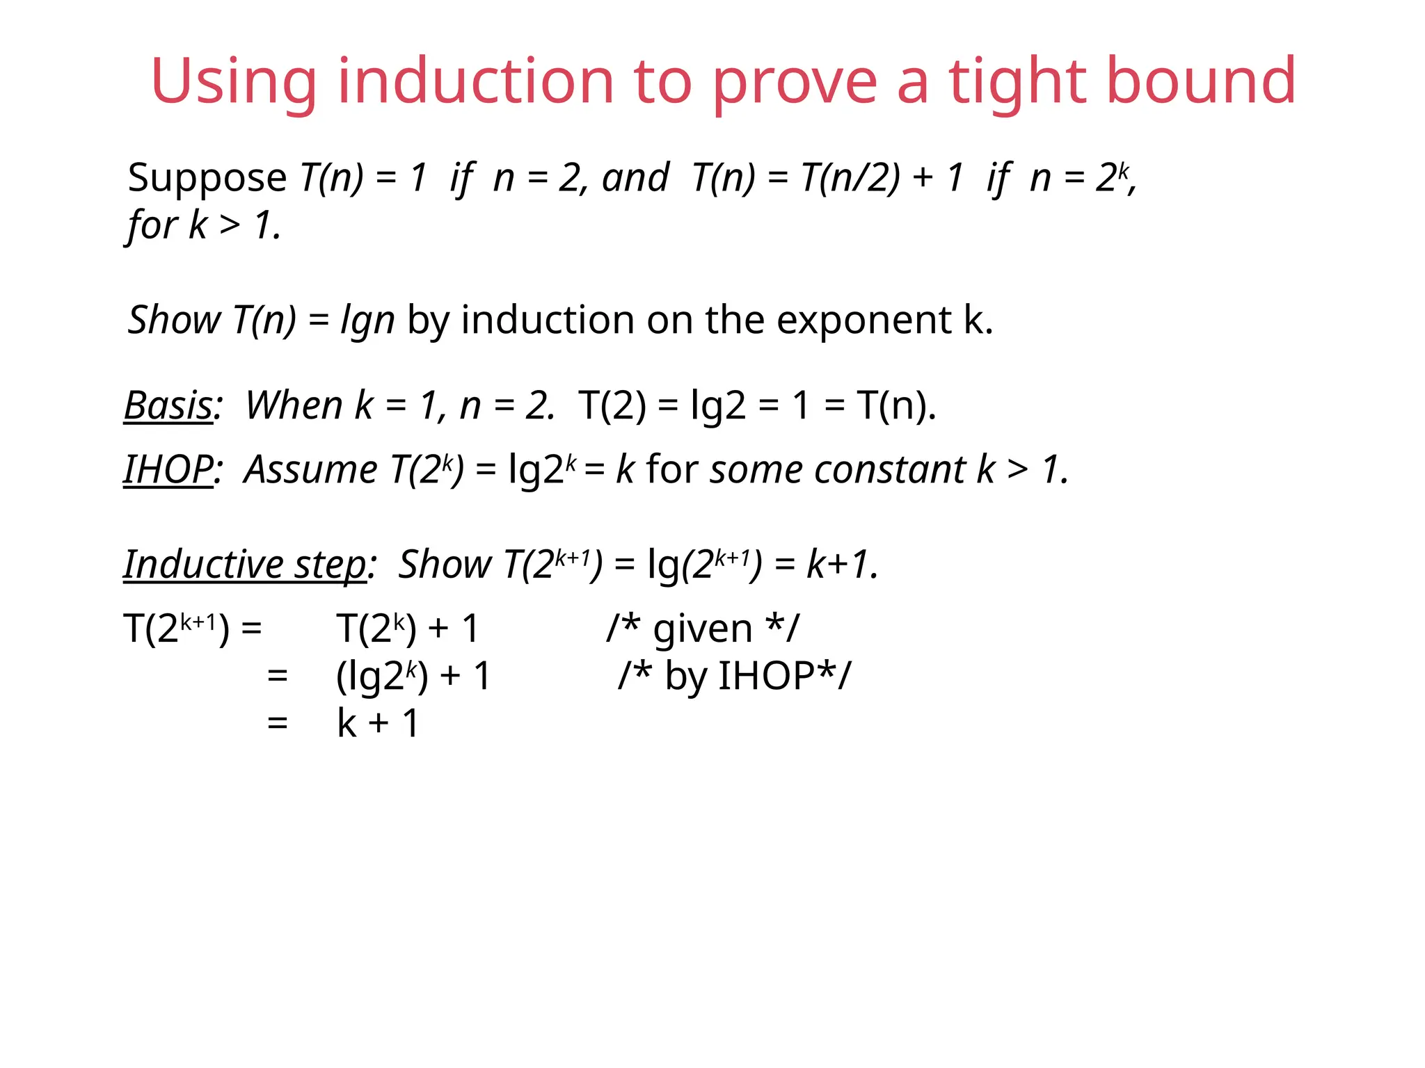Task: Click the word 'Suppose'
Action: (x=207, y=178)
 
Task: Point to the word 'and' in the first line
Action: (x=635, y=177)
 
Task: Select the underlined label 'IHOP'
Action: (x=168, y=469)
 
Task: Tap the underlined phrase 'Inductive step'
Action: (x=245, y=564)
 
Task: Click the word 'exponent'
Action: (x=863, y=321)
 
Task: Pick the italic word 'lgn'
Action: (x=367, y=321)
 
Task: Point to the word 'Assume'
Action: (x=310, y=469)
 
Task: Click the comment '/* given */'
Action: (x=703, y=629)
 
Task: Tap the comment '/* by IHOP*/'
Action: (x=734, y=676)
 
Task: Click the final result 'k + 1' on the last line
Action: (x=379, y=723)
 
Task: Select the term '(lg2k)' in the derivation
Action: (x=382, y=676)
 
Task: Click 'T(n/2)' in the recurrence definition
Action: (x=850, y=177)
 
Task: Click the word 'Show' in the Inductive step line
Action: (x=445, y=564)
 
